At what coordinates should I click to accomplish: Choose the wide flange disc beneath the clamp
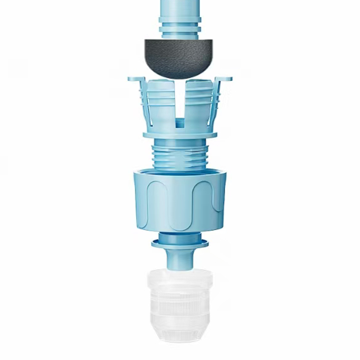click(180, 136)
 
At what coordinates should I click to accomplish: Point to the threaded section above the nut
click(180, 156)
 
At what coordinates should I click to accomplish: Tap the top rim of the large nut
click(180, 172)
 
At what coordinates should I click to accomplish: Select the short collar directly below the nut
click(180, 237)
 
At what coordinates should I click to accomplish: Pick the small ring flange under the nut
click(180, 244)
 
